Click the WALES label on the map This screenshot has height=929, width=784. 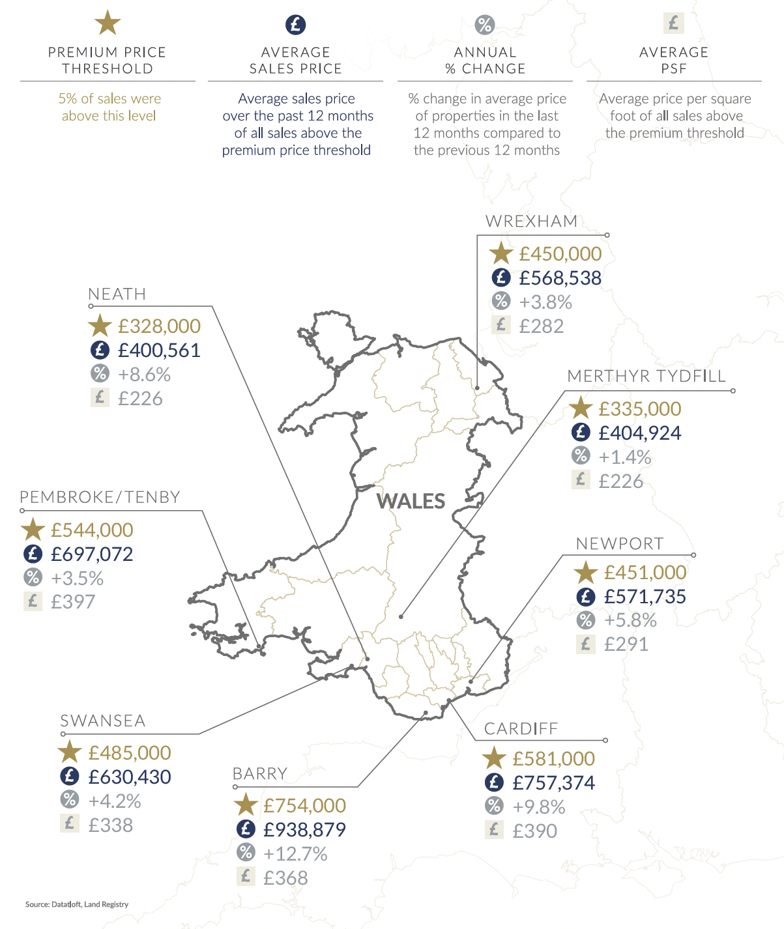(x=411, y=501)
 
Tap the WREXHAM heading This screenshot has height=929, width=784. (x=531, y=222)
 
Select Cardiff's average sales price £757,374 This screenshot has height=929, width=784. (x=553, y=782)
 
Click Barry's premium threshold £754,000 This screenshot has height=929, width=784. (x=304, y=806)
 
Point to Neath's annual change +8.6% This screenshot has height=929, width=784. (x=144, y=375)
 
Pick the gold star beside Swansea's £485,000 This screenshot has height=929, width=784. (x=69, y=752)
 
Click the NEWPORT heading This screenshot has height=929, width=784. (x=619, y=544)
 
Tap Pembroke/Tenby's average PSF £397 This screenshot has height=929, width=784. (x=73, y=602)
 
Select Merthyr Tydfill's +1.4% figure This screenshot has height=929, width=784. (x=624, y=457)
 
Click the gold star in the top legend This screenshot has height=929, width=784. (x=108, y=23)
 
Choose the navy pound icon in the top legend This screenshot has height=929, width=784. (x=296, y=25)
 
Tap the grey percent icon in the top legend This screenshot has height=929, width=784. (x=485, y=25)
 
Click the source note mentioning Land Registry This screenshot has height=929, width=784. (x=77, y=904)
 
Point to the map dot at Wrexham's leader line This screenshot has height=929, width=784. (x=477, y=388)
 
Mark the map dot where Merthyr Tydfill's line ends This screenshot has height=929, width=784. (x=401, y=616)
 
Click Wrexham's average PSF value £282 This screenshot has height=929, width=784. (x=541, y=326)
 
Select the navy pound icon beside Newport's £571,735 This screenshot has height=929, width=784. (x=586, y=596)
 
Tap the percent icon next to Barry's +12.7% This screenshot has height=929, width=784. (x=246, y=852)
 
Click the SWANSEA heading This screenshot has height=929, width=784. (x=103, y=721)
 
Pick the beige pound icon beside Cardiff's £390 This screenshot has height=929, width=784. (x=494, y=830)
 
